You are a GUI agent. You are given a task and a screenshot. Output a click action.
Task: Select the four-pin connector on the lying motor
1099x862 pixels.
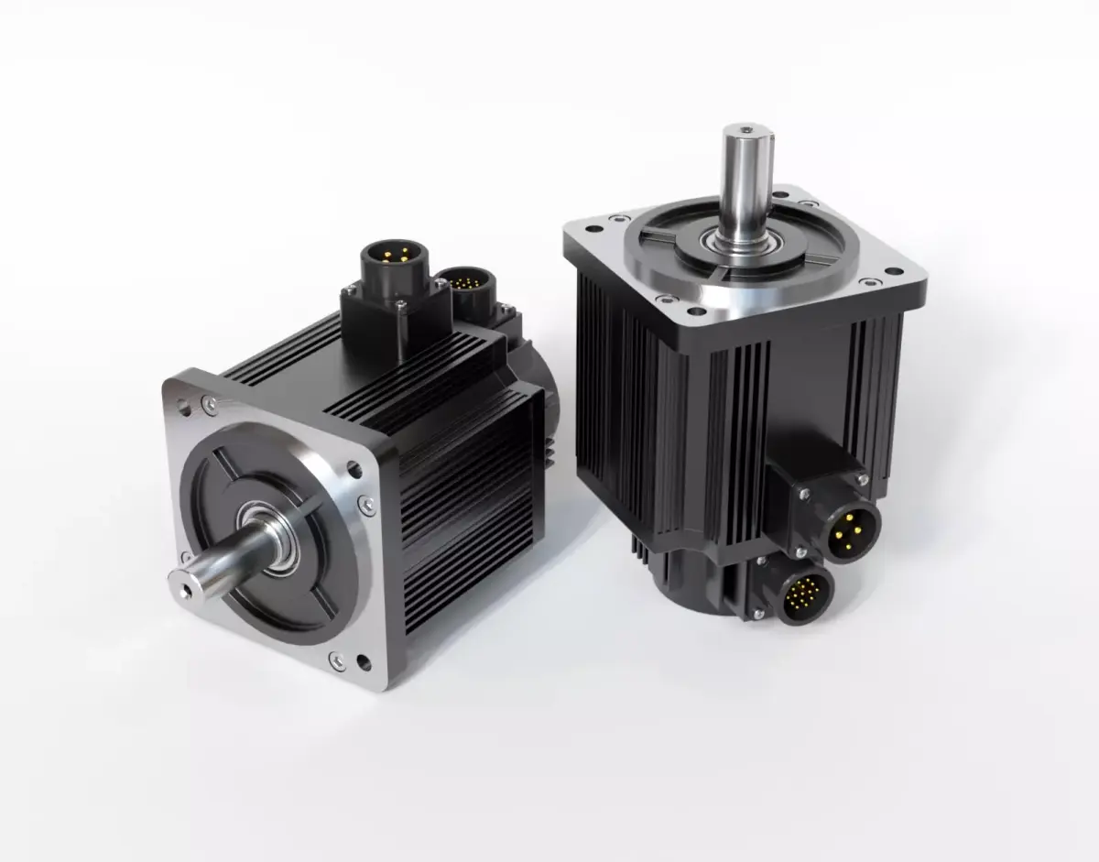point(389,257)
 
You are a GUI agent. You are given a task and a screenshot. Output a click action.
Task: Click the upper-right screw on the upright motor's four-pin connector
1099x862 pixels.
point(862,479)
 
